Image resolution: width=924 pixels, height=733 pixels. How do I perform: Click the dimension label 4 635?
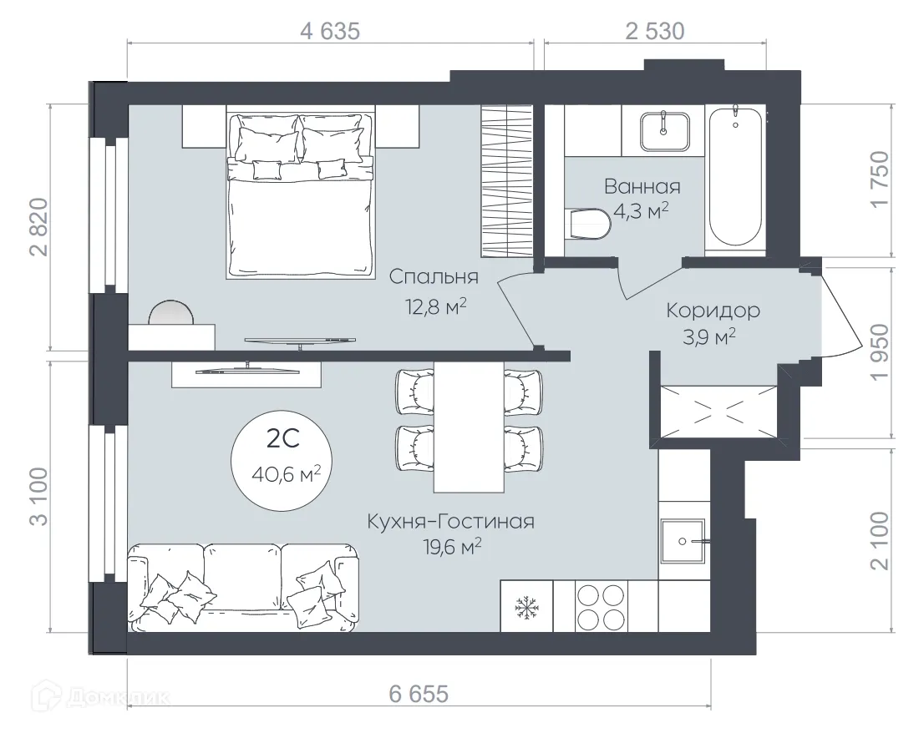click(x=329, y=32)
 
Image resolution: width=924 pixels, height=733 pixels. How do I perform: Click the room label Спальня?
click(x=434, y=277)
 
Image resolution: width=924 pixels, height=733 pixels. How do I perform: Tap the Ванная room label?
click(x=642, y=187)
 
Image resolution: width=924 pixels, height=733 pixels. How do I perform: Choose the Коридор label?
click(x=713, y=311)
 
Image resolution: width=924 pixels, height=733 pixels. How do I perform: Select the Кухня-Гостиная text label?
click(x=450, y=522)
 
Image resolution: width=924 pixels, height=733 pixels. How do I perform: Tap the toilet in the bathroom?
click(x=587, y=223)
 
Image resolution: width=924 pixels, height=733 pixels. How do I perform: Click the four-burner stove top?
click(x=602, y=606)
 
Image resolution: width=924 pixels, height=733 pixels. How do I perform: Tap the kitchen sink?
click(x=683, y=542)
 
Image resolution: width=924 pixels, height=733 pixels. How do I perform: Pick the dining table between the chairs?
click(x=469, y=427)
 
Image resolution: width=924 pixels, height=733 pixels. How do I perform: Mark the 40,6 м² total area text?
click(x=286, y=474)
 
